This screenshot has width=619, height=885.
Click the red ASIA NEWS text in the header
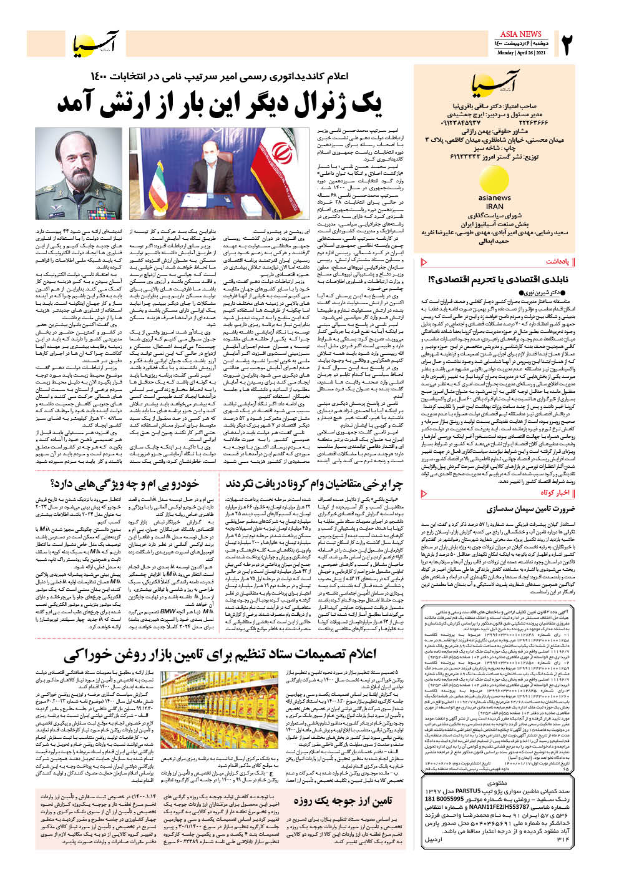tap(521, 34)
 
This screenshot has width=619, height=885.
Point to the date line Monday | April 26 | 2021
tap(521, 52)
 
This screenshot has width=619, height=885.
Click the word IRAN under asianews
tap(494, 206)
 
